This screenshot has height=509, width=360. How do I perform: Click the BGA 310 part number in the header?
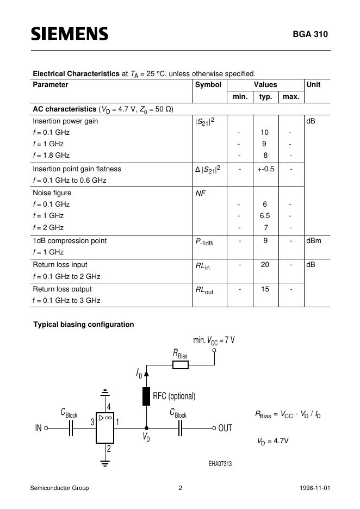pyautogui.click(x=311, y=34)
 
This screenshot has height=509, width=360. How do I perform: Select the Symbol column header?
pyautogui.click(x=208, y=85)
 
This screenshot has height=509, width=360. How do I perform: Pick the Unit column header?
pyautogui.click(x=314, y=85)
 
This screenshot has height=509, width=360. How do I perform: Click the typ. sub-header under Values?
pyautogui.click(x=265, y=97)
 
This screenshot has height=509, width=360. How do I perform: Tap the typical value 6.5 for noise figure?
pyautogui.click(x=265, y=216)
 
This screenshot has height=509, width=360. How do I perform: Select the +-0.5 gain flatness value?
pyautogui.click(x=265, y=169)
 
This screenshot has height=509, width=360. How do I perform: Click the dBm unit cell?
pyautogui.click(x=314, y=241)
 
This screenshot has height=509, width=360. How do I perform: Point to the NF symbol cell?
pyautogui.click(x=201, y=193)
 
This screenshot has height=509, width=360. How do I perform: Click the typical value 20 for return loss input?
pyautogui.click(x=265, y=265)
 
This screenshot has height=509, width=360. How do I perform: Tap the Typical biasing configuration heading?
pyautogui.click(x=84, y=325)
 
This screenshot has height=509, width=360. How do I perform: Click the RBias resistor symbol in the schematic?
pyautogui.click(x=180, y=365)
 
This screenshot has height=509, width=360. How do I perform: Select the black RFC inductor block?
pyautogui.click(x=146, y=396)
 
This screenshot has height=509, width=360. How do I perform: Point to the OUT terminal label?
pyautogui.click(x=225, y=428)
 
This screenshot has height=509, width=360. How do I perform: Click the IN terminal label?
pyautogui.click(x=38, y=428)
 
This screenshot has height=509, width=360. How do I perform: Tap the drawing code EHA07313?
pyautogui.click(x=220, y=464)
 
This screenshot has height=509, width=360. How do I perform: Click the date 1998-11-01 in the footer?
pyautogui.click(x=314, y=488)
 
